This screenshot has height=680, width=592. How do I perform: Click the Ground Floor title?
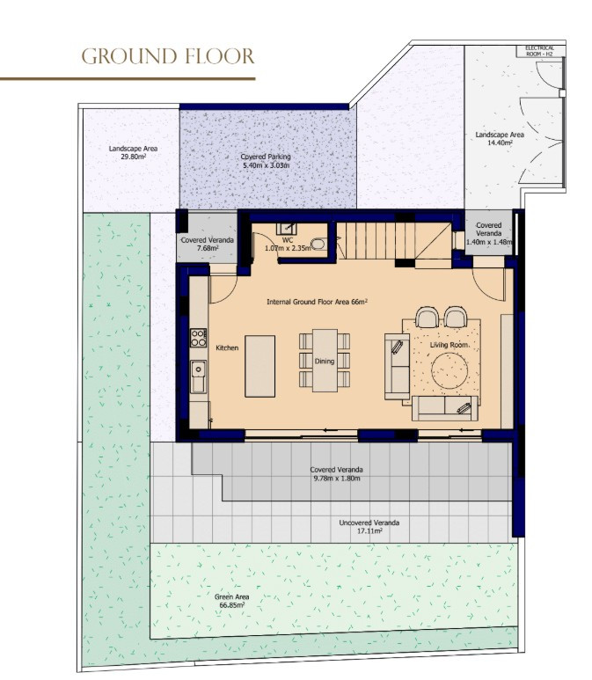pos(167,57)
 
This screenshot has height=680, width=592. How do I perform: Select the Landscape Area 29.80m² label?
pos(128,154)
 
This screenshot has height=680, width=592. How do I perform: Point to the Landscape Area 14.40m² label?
pos(500,139)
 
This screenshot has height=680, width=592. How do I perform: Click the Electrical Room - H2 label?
pos(538,50)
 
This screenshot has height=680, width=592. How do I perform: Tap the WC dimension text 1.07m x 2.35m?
pos(288,248)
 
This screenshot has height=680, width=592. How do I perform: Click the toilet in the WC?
pos(318,245)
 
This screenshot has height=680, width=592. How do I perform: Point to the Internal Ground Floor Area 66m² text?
pos(317,302)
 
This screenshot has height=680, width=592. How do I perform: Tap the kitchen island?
pos(259,365)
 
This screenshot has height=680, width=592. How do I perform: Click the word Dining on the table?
pos(325,361)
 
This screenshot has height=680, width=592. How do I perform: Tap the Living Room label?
pos(450,345)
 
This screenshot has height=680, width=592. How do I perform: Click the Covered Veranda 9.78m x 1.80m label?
pos(336,473)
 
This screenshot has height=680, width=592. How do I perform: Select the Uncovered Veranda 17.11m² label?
pos(369,527)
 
